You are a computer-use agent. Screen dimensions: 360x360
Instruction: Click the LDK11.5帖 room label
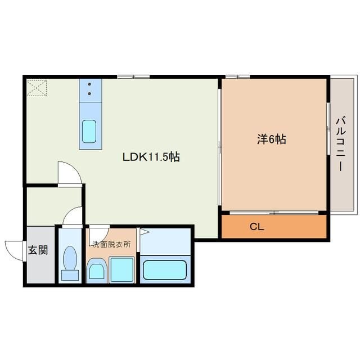pos(151,157)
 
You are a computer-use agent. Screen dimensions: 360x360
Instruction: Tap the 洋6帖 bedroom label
pos(271,139)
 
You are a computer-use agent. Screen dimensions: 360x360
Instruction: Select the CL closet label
pos(257,227)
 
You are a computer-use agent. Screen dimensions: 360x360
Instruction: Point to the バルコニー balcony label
pos(341,144)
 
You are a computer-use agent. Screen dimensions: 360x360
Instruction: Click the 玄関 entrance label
pos(38,250)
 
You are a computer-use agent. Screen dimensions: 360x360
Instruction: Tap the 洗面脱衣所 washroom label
pos(111,245)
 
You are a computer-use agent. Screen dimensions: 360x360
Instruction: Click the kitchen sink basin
pos(89,131)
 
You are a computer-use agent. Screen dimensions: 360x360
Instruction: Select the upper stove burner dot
pos(89,84)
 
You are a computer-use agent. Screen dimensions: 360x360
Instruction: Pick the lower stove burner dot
pos(89,94)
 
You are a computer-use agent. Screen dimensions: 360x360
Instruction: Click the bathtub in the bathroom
pos(164,270)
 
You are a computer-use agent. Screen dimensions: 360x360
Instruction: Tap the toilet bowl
pos(70,258)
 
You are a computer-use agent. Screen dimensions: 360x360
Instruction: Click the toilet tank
pos(70,275)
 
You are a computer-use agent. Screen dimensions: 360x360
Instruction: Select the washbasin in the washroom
pos(96,271)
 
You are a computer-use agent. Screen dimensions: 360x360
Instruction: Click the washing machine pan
pos(121,269)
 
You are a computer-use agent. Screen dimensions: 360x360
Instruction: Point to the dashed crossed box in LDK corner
pos(37,88)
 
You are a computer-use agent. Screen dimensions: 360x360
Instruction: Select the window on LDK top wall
pos(133,76)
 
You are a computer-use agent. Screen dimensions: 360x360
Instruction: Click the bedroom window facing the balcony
pos(328,129)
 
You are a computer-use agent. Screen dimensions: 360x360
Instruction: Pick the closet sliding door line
pos(274,213)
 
